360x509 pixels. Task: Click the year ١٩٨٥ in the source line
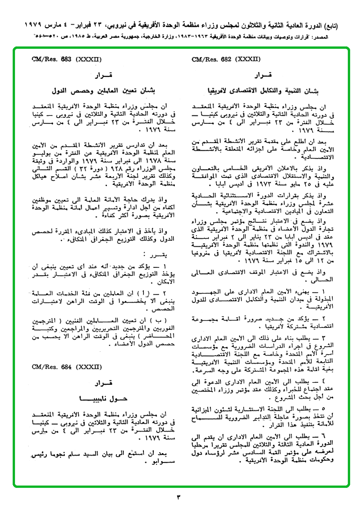click(67, 36)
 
